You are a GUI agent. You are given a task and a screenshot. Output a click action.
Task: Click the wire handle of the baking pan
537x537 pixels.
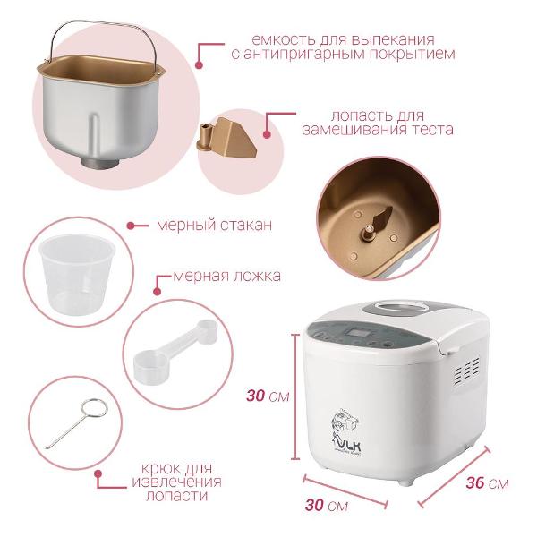point(98,30)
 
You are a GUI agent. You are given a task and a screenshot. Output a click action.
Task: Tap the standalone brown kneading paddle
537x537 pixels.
point(224,132)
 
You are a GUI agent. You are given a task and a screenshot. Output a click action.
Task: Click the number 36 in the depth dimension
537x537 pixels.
point(474,483)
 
